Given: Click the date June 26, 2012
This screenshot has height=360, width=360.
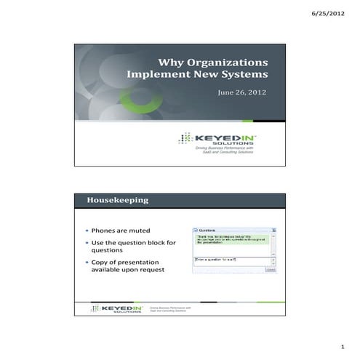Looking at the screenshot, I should pyautogui.click(x=243, y=92).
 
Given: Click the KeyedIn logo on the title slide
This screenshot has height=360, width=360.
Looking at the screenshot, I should pyautogui.click(x=220, y=138).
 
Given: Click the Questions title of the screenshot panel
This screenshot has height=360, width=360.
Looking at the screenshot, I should pyautogui.click(x=209, y=230).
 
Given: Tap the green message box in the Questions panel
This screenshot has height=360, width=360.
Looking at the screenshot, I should pyautogui.click(x=231, y=239).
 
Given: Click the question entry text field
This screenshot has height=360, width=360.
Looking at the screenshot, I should pyautogui.click(x=231, y=259).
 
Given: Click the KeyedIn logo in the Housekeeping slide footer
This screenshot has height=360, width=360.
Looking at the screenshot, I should pyautogui.click(x=116, y=309).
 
